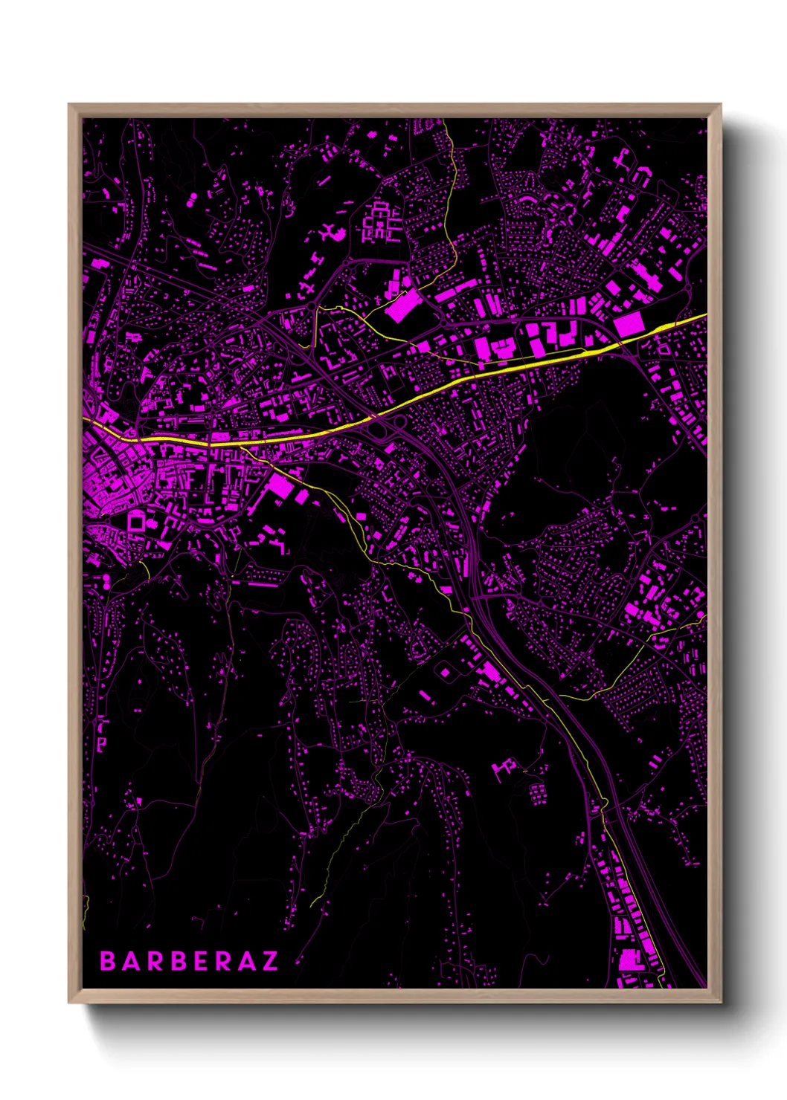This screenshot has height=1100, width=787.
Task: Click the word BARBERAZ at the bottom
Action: (x=189, y=961)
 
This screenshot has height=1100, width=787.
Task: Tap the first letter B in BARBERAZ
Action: (x=108, y=961)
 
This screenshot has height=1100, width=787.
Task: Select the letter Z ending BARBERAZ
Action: (x=269, y=961)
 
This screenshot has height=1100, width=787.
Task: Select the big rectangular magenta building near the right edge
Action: (x=629, y=324)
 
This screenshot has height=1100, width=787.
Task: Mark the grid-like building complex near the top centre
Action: (x=379, y=222)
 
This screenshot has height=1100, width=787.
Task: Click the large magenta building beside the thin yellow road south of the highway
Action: (x=281, y=485)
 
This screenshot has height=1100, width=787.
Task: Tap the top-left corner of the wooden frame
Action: (x=69, y=105)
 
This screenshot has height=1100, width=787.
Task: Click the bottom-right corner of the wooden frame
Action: (x=720, y=1002)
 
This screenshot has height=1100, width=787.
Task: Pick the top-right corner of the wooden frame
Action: (x=720, y=105)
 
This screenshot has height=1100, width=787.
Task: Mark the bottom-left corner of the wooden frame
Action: (x=69, y=1002)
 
